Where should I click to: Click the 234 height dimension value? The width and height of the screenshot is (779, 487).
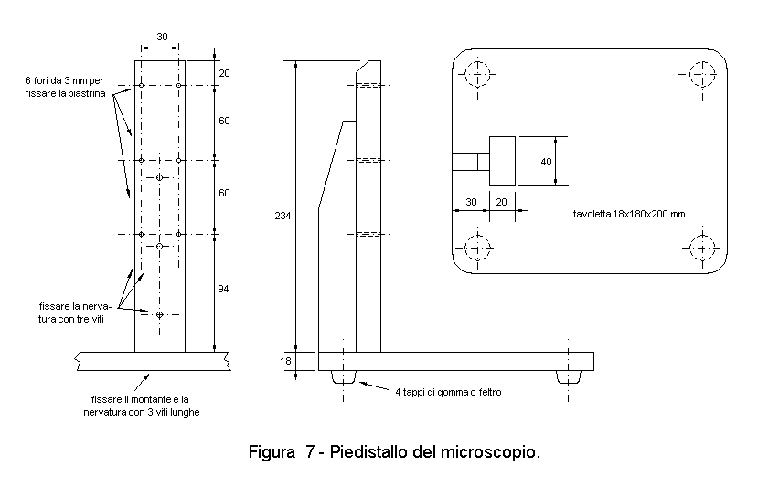[x=283, y=216]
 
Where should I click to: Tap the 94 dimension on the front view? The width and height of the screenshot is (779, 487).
[x=224, y=289]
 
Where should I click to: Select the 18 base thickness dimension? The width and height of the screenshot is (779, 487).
[x=285, y=361]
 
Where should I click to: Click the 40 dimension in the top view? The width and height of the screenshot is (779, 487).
[x=546, y=162]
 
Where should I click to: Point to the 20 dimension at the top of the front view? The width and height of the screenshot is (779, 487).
[x=225, y=73]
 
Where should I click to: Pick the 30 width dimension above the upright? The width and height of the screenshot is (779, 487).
[x=162, y=37]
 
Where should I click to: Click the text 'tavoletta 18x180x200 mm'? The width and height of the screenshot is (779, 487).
[x=629, y=214]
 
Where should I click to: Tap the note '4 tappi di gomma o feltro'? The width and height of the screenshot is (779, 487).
[x=448, y=392]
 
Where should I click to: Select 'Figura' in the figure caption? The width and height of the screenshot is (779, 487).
[x=272, y=452]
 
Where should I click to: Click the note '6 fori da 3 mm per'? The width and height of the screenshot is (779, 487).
[x=64, y=80]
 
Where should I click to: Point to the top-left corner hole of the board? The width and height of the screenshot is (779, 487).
[x=477, y=74]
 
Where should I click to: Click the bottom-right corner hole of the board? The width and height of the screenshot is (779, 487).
[x=702, y=248]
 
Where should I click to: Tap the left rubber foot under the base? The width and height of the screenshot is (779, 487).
[x=343, y=376]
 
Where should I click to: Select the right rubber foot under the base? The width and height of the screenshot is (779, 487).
[x=569, y=376]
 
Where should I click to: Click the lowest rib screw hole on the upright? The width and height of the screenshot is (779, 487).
[x=159, y=314]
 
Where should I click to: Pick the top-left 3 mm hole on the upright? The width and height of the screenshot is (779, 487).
[x=141, y=85]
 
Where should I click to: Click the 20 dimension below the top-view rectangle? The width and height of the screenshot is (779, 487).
[x=501, y=202]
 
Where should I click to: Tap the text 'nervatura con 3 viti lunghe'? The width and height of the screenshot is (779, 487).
[x=142, y=412]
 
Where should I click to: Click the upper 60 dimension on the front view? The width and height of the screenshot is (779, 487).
[x=225, y=122]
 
